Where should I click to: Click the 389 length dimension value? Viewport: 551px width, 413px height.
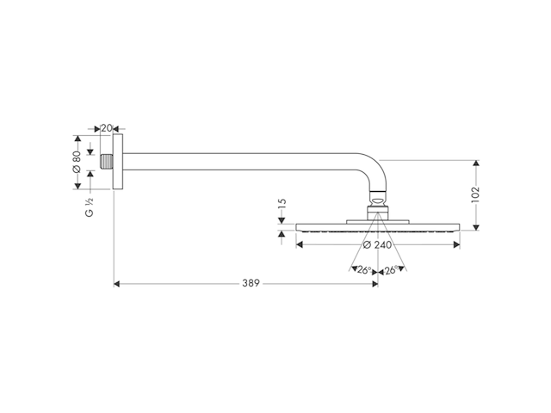coord(251,283)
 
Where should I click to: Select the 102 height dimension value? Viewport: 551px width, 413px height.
coord(475,194)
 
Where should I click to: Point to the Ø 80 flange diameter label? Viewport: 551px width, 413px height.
coord(77,161)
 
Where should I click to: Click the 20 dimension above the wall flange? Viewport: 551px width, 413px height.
coord(107,128)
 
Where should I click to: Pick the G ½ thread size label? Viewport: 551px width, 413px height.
coord(90,206)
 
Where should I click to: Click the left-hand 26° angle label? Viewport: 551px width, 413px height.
coord(365,270)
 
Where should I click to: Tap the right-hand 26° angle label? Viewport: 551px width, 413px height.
coord(390,270)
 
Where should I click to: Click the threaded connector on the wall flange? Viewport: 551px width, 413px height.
coord(105,161)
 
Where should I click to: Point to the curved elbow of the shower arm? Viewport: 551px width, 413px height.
coord(370,168)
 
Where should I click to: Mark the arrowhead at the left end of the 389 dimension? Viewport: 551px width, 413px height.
coord(118,283)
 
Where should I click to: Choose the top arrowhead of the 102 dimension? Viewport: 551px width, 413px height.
coord(475,163)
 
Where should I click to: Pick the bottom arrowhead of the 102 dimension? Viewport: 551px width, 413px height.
coord(475,225)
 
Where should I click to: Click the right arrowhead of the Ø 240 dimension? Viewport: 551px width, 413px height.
coord(455,244)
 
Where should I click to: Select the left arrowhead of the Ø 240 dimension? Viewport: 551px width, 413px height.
coord(300,244)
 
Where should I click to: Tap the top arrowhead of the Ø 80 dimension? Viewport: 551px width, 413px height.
coord(77,139)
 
